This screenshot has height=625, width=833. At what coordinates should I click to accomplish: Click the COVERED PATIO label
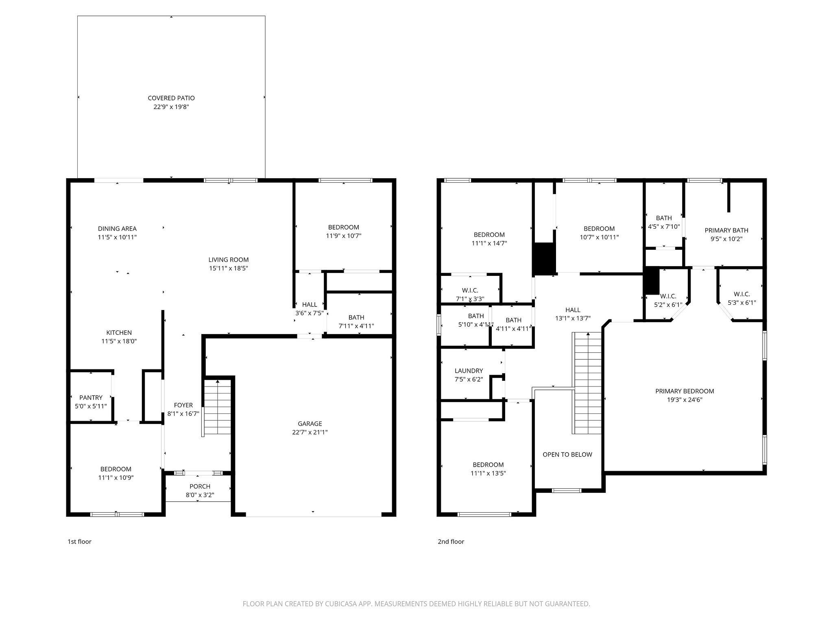[171, 98]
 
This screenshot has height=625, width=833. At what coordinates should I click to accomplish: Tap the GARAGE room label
[310, 424]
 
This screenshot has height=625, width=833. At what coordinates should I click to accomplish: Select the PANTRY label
[91, 398]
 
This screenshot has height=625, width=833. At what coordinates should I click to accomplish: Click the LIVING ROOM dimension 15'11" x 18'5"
[228, 269]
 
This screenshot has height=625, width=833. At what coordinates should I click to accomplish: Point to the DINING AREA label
[117, 229]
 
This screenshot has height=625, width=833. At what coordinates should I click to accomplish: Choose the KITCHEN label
[119, 333]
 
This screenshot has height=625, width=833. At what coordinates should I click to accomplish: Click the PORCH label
[200, 487]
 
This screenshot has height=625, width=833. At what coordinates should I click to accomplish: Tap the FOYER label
[183, 405]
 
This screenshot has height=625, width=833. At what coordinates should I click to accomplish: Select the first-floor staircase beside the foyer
[218, 407]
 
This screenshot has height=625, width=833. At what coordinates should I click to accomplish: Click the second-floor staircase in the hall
[587, 383]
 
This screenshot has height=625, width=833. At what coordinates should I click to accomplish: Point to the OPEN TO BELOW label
[567, 455]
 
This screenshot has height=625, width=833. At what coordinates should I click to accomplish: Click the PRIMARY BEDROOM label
[685, 391]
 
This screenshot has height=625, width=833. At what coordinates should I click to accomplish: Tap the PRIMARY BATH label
[726, 230]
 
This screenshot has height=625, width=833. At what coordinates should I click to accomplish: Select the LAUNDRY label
[469, 371]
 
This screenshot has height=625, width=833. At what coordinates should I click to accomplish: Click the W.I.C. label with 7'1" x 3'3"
[470, 291]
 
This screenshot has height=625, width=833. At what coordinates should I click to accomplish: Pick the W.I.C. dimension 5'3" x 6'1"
[742, 303]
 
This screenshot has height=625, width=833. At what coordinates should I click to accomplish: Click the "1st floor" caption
[79, 542]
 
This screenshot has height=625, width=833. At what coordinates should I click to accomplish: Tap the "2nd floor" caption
[451, 542]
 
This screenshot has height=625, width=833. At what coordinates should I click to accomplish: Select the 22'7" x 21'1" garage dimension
[310, 433]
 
